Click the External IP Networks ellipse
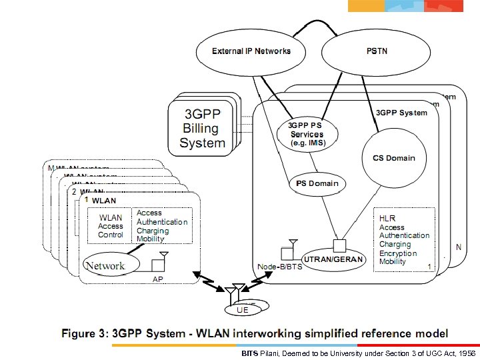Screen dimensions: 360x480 click(x=251, y=51)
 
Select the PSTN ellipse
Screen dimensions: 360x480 click(x=374, y=51)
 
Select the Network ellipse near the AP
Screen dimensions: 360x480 click(x=105, y=265)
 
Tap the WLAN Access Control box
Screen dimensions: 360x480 click(x=111, y=226)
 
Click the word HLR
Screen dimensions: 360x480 click(x=387, y=218)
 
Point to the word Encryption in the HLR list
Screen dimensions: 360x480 click(x=398, y=253)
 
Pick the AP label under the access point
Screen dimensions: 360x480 click(x=157, y=279)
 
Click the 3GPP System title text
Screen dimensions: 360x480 click(x=402, y=113)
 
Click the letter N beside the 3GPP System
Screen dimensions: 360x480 click(x=458, y=246)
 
